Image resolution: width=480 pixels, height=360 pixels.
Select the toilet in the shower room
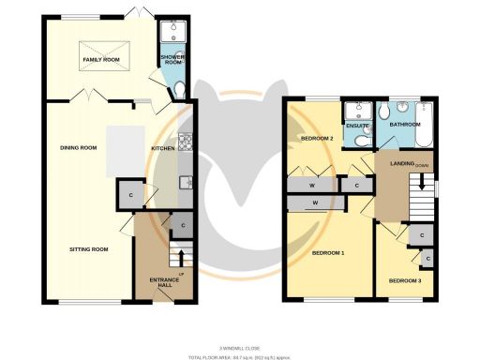(179, 89)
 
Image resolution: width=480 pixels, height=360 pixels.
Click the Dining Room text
(80, 148)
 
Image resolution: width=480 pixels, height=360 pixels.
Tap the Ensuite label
(355, 125)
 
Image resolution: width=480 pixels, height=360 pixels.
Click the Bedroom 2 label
(317, 139)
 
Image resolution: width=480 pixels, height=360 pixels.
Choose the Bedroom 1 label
(328, 254)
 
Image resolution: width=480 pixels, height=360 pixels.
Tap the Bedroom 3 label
(406, 280)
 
